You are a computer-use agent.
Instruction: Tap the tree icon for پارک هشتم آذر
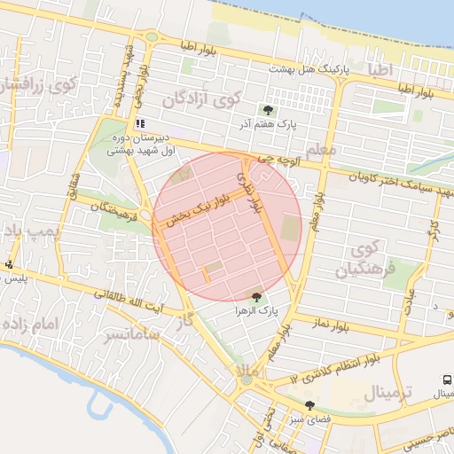pos(268,111)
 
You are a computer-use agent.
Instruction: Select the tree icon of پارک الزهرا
pos(256,297)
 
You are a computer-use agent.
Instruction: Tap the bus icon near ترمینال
pos(446,379)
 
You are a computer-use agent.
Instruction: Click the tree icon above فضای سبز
pos(309,406)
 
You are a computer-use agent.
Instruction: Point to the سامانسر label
pos(129,334)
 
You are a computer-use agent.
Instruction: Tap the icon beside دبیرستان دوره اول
pos(139,123)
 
